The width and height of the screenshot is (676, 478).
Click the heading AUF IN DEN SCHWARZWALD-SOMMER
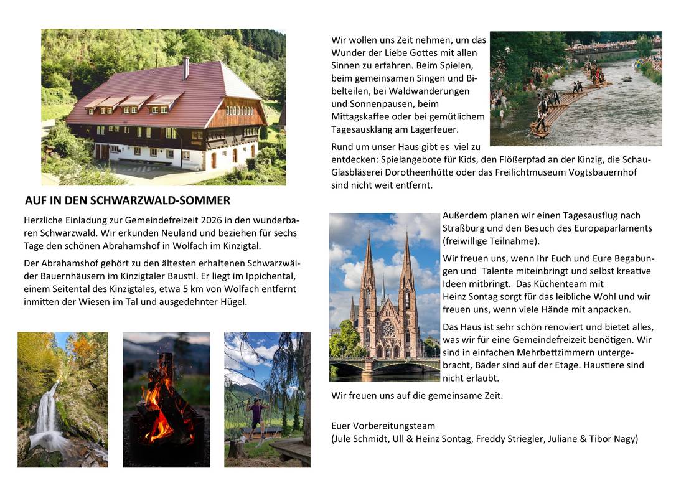tap(128, 200)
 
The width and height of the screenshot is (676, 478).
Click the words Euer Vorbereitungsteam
tap(383, 426)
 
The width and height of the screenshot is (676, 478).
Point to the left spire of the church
tap(367, 261)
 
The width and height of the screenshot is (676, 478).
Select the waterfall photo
tap(62, 399)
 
